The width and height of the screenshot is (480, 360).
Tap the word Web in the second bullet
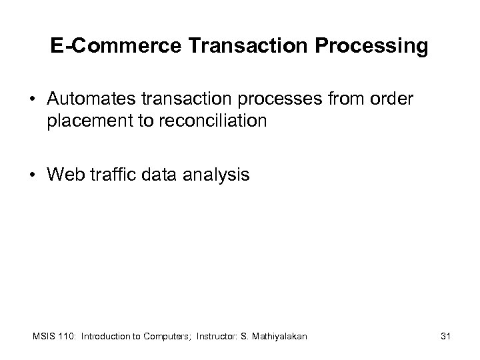pyautogui.click(x=63, y=175)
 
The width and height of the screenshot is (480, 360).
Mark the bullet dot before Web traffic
pyautogui.click(x=31, y=176)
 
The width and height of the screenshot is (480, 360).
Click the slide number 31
pyautogui.click(x=446, y=337)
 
